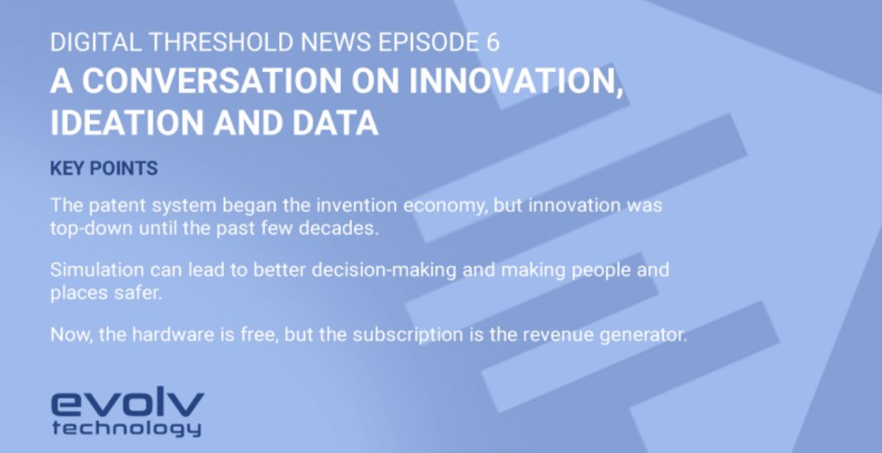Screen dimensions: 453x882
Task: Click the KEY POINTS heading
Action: click(x=103, y=169)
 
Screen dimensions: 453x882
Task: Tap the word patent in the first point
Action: click(x=111, y=204)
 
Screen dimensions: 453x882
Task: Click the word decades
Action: click(x=343, y=228)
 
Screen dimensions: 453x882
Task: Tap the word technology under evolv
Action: click(x=126, y=427)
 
